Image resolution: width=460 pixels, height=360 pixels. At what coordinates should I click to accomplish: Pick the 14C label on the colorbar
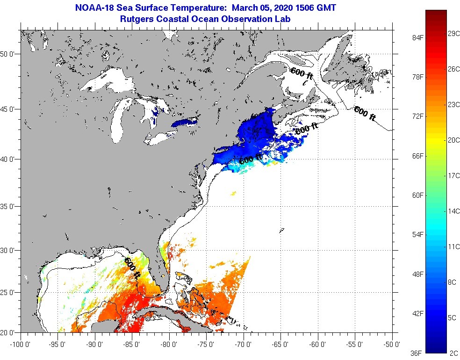coord(453,211)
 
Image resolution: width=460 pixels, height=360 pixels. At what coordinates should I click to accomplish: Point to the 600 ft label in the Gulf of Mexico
coord(132,268)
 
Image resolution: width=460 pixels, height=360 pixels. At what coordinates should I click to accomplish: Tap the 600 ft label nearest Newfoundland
coord(365,114)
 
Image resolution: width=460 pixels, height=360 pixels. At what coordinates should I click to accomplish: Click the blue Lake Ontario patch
coord(185,122)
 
